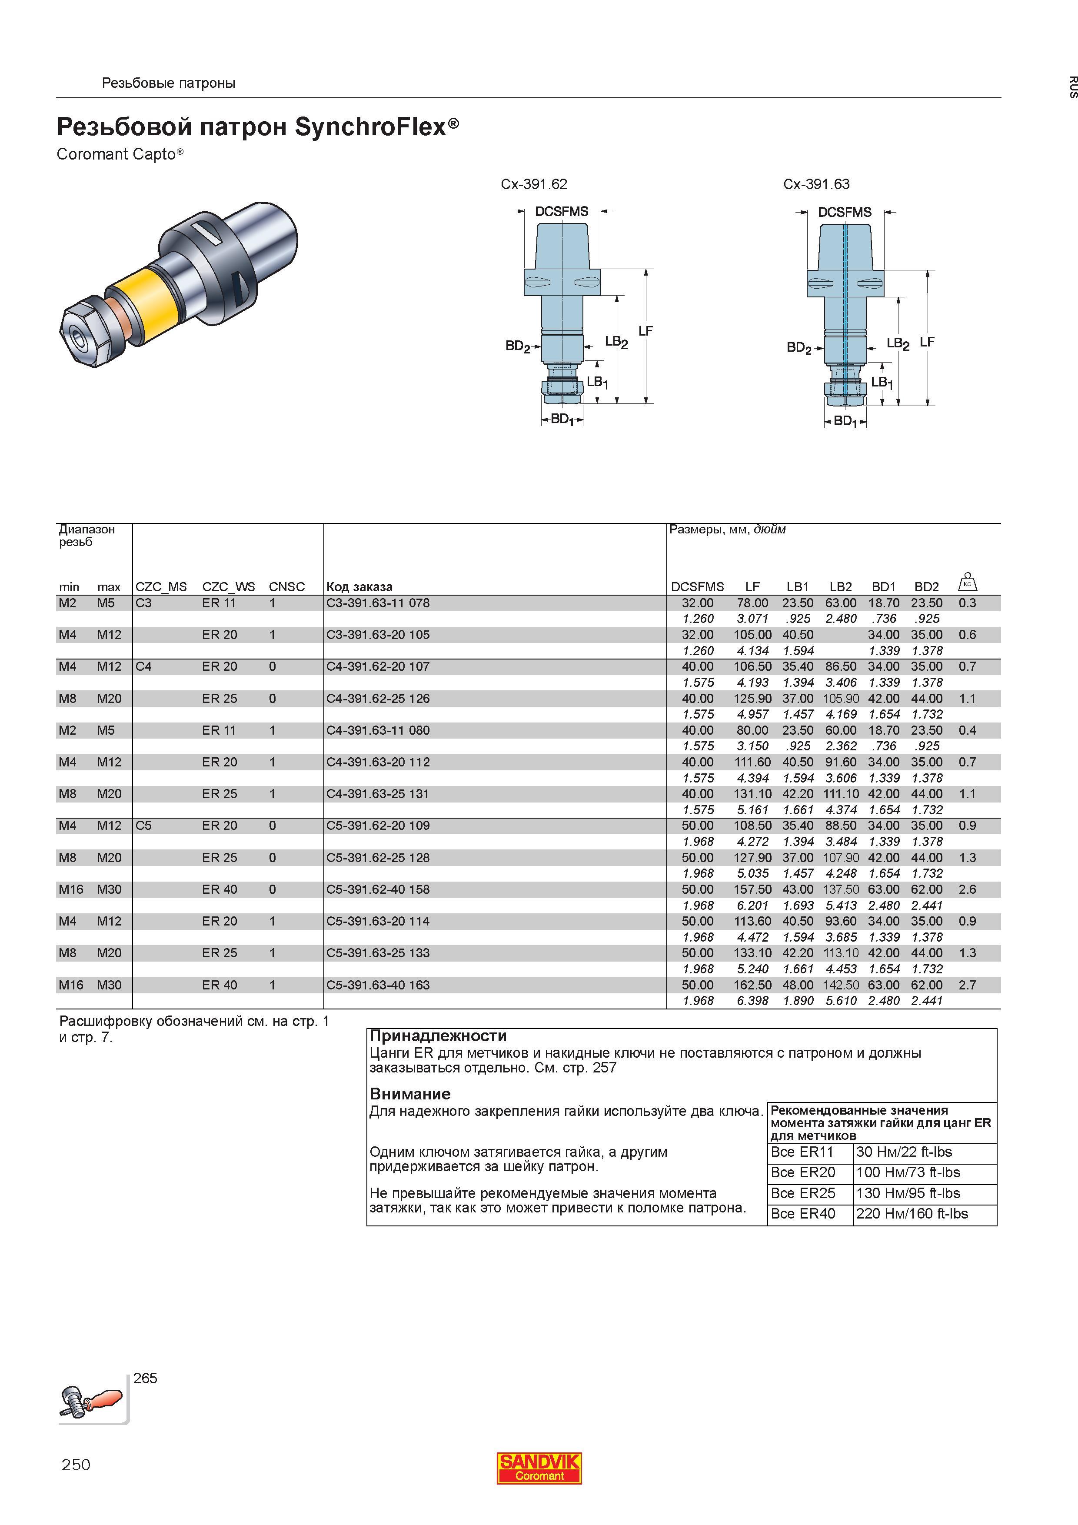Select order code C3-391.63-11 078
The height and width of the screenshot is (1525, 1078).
click(378, 603)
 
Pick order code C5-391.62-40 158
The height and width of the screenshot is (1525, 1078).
click(378, 889)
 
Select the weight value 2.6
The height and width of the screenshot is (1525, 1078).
click(967, 889)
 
